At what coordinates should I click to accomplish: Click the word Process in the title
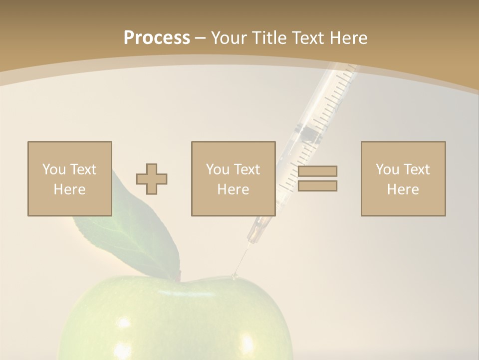tap(157, 38)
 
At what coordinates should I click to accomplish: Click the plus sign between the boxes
tap(152, 179)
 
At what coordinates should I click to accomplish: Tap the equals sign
tap(317, 178)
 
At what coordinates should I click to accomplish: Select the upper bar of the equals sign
tap(317, 171)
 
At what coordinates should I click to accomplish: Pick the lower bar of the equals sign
tap(317, 186)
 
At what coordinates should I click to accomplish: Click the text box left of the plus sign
tap(70, 178)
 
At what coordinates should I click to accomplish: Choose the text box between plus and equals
tap(233, 178)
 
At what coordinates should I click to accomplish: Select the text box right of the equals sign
tap(403, 178)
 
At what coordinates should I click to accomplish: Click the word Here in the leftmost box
tap(70, 189)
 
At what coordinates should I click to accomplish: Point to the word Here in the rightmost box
tap(403, 189)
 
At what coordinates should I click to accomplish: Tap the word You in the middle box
tap(218, 169)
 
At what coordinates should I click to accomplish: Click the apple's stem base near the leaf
tap(178, 276)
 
